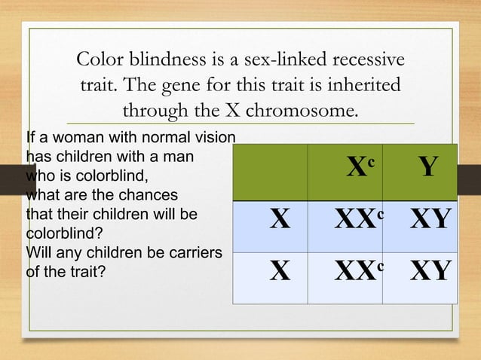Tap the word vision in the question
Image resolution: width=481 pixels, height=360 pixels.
216,138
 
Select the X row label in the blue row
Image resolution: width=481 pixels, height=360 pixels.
280,221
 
